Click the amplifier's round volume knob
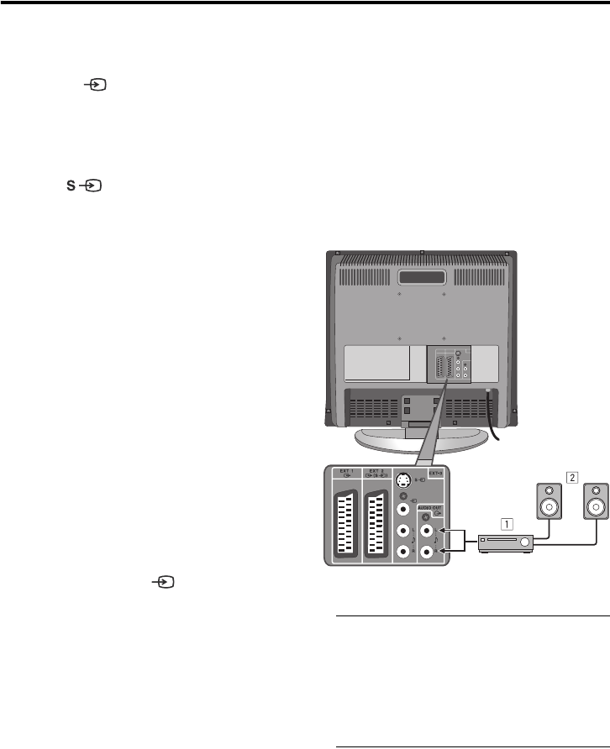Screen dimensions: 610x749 [x=526, y=545]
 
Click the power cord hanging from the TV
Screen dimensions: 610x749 [x=496, y=420]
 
